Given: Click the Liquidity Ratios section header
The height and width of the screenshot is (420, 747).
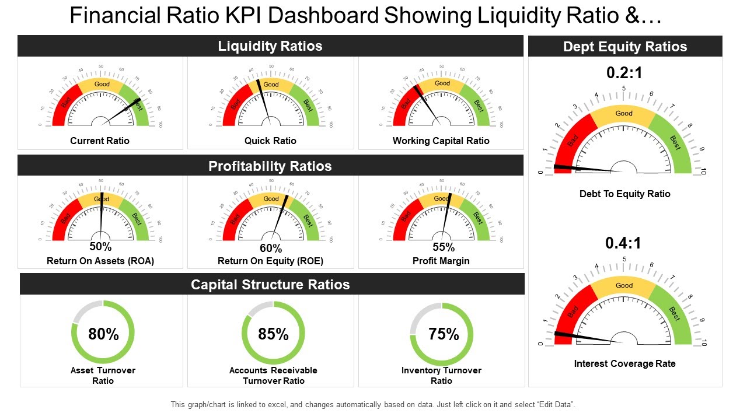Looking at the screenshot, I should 270,46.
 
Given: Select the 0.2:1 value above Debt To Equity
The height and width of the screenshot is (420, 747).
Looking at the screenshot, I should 624,73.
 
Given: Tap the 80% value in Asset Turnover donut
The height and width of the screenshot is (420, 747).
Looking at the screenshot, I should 103,334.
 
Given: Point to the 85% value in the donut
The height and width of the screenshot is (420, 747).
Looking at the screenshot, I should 273,334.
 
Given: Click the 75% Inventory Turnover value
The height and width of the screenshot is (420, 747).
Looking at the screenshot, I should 444,334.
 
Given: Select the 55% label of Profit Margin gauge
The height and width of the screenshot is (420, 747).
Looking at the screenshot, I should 444,247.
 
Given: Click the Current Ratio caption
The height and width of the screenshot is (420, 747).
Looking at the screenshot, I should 100,141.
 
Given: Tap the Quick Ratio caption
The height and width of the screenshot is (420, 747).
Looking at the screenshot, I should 270,141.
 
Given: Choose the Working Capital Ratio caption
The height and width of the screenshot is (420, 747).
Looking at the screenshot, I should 441,141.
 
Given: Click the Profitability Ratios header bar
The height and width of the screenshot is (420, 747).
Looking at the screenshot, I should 270,166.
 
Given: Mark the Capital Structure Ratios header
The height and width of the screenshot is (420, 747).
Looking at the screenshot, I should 270,285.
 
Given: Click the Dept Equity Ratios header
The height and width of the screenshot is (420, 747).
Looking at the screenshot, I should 625,47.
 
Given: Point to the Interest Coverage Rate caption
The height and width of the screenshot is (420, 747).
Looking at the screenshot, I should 624,363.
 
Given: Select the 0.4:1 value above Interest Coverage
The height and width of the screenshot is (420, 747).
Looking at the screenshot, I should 624,243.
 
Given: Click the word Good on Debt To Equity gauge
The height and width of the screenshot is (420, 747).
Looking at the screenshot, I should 624,114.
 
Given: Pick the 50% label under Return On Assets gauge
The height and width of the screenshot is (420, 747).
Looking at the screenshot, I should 100,247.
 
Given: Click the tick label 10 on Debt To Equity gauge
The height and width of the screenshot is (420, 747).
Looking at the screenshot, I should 703,172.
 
